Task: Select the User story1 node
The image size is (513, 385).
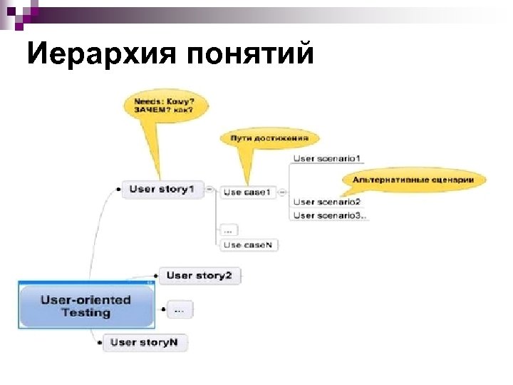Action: (162, 190)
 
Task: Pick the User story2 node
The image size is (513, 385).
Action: (199, 275)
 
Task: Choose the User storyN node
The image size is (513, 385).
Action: (145, 342)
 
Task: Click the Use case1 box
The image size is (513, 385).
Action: (247, 192)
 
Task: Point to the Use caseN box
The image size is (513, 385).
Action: (247, 245)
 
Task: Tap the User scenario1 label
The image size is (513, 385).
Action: (327, 158)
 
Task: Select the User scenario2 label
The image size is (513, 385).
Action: (327, 202)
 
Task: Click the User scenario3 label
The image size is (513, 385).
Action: (330, 215)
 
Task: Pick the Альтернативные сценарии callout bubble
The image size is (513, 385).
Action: (413, 180)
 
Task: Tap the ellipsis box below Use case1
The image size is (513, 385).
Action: (228, 230)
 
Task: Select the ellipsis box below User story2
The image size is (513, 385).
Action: (179, 309)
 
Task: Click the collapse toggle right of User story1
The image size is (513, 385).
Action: (210, 189)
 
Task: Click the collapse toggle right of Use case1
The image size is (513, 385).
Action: (283, 192)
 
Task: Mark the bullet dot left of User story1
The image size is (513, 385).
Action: (117, 190)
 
